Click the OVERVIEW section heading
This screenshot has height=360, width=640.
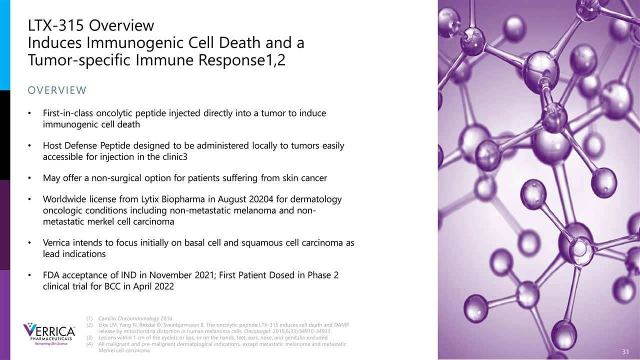(57, 90)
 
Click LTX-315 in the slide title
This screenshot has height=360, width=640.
(56, 25)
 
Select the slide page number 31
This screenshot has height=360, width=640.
(625, 351)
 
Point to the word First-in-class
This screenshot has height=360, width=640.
(68, 113)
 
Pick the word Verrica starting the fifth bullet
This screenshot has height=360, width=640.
(56, 243)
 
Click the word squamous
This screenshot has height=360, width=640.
(260, 243)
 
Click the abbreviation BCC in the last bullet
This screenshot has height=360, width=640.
(113, 286)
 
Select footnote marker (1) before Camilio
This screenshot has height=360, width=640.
(89, 318)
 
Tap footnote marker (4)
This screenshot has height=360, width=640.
(89, 344)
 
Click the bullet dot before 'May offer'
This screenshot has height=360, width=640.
(29, 178)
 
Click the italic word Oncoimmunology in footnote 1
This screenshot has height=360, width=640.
(138, 318)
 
